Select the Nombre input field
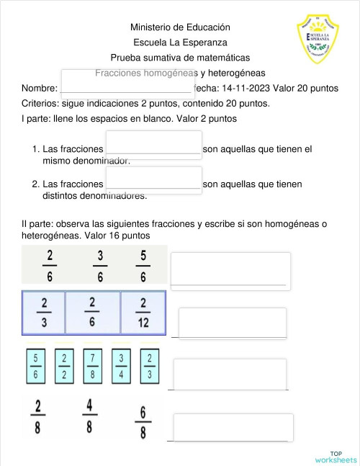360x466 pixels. (127, 81)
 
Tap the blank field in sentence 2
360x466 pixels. (153, 179)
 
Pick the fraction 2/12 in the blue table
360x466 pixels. (143, 312)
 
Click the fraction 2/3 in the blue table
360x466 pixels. (44, 312)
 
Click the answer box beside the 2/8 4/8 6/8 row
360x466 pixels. (233, 426)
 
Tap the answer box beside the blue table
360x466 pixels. (232, 322)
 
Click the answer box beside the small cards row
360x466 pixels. (230, 373)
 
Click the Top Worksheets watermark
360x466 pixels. (336, 456)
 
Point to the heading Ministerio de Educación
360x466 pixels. (180, 27)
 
